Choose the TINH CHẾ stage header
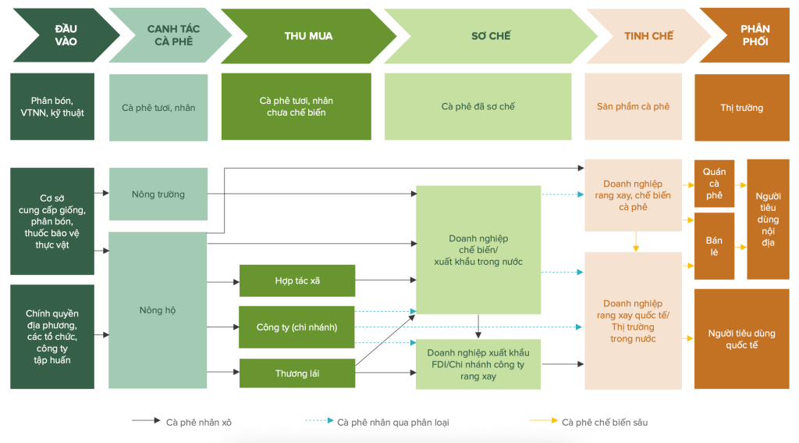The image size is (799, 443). [x=648, y=36]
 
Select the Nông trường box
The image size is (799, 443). [x=158, y=194]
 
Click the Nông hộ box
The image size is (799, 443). [x=158, y=310]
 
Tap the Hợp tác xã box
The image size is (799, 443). [x=297, y=280]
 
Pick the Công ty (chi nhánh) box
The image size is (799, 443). [x=297, y=327]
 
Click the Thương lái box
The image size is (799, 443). [x=297, y=373]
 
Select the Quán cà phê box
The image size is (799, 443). [x=714, y=184]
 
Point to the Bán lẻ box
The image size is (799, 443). [x=714, y=246]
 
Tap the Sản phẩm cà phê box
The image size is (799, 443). [x=633, y=107]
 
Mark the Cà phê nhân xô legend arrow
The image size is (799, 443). [x=146, y=422]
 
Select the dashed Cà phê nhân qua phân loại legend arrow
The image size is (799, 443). [x=319, y=422]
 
